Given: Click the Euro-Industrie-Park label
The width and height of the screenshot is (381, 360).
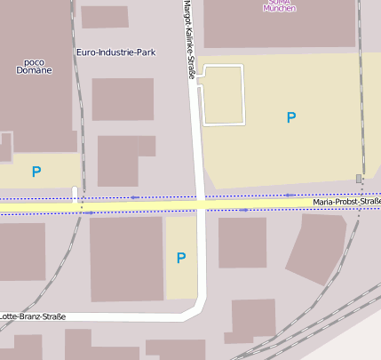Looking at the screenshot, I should (x=115, y=52).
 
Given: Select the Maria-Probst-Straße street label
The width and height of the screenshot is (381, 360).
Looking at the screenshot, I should (x=346, y=203).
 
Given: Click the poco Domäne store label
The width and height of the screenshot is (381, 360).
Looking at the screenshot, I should (x=34, y=66).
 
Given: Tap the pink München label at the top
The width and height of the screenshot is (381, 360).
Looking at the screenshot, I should (x=279, y=8).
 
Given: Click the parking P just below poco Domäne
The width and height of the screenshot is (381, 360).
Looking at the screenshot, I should (x=36, y=172).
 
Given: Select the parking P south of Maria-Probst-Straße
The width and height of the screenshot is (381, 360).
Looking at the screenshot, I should (x=181, y=258).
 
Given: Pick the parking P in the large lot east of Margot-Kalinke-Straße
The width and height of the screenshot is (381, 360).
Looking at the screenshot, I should (x=290, y=116).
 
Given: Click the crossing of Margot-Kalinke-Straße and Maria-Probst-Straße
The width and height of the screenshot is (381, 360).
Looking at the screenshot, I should (x=202, y=204).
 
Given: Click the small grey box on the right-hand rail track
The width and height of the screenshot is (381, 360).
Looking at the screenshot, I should (x=359, y=179).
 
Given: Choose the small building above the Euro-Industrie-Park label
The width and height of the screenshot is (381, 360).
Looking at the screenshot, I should (x=104, y=17).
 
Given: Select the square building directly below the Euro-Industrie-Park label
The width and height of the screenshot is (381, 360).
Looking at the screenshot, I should (x=123, y=99).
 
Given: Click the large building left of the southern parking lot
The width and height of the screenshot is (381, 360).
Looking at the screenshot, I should (x=126, y=258).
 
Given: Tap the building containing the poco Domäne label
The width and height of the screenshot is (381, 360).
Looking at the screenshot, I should (x=36, y=98).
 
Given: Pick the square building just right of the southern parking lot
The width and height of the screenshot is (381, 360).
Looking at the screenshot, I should (x=242, y=243).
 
